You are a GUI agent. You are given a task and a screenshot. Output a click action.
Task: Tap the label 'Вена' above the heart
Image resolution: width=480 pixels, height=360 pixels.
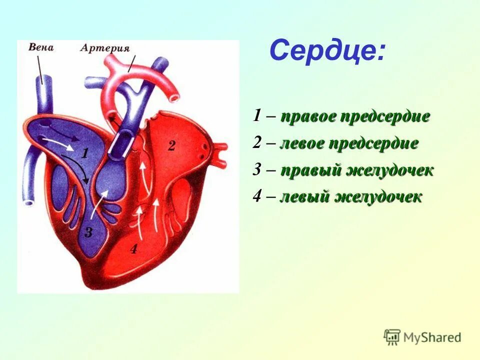point(41,48)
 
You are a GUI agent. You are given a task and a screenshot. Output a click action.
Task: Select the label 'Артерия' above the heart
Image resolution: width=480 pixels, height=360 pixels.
point(105,48)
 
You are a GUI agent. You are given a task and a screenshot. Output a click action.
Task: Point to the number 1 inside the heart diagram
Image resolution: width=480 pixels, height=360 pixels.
point(85,153)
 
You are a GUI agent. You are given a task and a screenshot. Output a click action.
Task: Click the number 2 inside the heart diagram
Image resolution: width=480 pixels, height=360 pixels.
point(171,146)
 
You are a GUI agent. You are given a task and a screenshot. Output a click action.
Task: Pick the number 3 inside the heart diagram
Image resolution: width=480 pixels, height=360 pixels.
point(88,232)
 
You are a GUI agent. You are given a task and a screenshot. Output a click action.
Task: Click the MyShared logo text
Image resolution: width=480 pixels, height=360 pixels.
point(432,337)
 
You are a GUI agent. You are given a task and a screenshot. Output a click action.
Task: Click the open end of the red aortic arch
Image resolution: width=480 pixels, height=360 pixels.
point(173,93)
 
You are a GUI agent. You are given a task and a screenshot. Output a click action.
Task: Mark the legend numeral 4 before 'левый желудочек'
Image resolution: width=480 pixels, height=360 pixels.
point(256,196)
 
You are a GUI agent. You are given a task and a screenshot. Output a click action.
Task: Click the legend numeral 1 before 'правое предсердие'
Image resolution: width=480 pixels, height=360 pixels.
point(256,117)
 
